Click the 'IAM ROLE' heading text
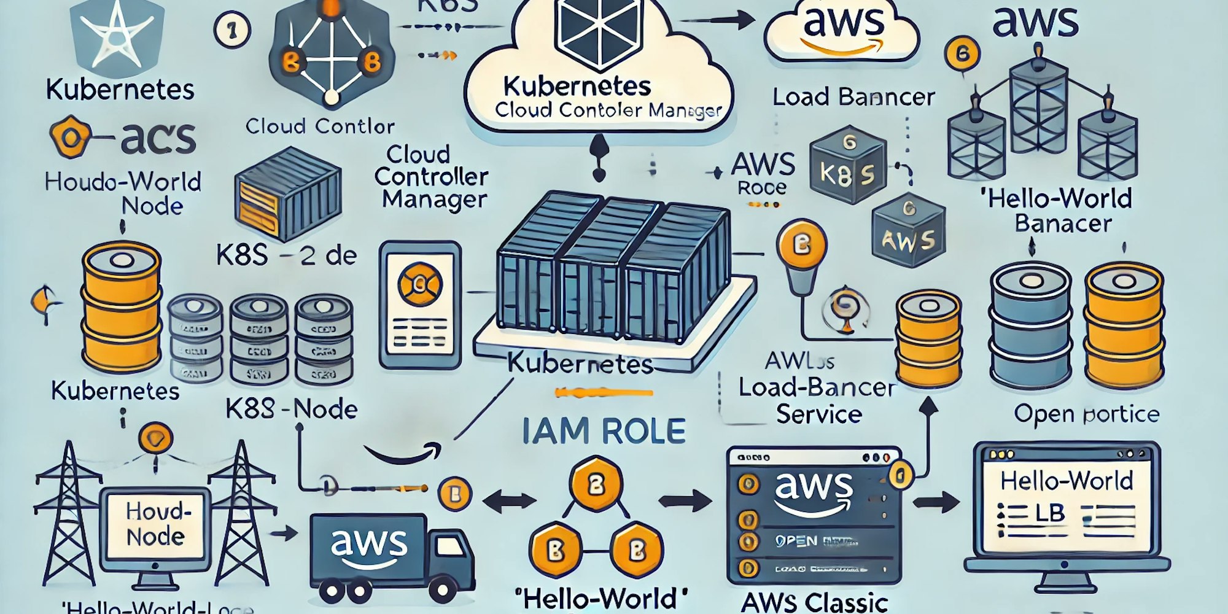(604, 431)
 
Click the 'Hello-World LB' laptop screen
(1067, 505)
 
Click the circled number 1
(232, 31)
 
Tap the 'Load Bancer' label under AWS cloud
(853, 97)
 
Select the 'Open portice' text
(1086, 414)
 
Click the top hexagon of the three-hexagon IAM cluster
(596, 486)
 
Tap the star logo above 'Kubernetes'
(117, 35)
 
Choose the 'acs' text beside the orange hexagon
(158, 138)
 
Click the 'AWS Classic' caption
(814, 601)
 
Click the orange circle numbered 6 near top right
(962, 54)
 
